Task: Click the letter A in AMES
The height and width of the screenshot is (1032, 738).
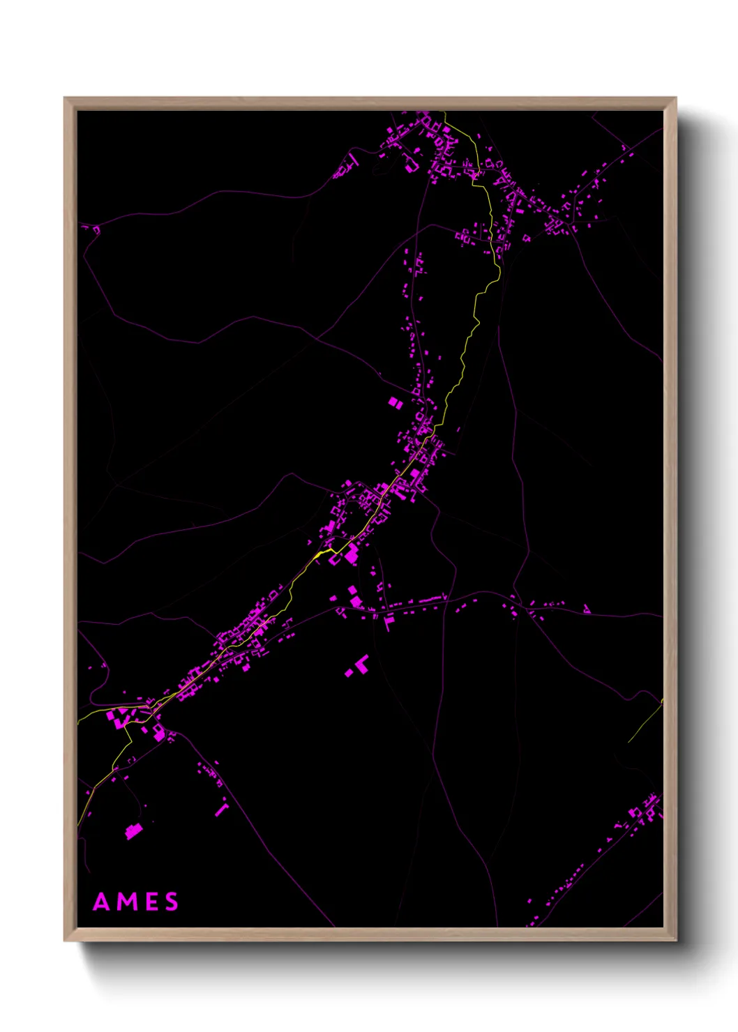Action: (x=102, y=902)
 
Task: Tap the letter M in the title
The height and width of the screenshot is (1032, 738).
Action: (x=128, y=902)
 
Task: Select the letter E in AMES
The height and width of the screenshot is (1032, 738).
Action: (x=151, y=902)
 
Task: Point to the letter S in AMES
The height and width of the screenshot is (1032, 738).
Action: (x=172, y=902)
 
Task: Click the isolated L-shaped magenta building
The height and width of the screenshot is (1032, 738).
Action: (x=361, y=663)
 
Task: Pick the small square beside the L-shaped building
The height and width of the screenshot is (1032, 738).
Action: (x=349, y=673)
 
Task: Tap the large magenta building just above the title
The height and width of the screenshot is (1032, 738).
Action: (x=133, y=830)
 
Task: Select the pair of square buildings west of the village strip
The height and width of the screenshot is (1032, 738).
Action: (x=395, y=402)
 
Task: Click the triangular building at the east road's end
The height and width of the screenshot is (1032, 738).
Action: (x=587, y=609)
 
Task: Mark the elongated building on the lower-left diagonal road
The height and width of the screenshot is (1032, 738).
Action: (x=222, y=810)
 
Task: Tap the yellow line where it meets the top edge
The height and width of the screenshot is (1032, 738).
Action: (x=444, y=114)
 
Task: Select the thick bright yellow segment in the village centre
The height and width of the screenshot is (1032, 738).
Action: (x=325, y=552)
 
